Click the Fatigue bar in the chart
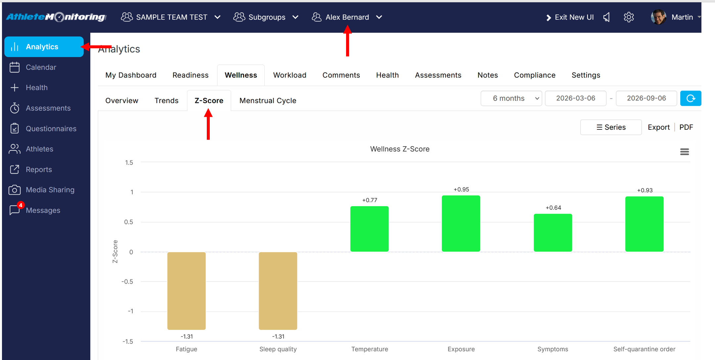pyautogui.click(x=186, y=291)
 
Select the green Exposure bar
pyautogui.click(x=461, y=224)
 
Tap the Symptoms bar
pyautogui.click(x=553, y=233)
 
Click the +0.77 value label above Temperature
pyautogui.click(x=370, y=200)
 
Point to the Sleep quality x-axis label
pyautogui.click(x=278, y=349)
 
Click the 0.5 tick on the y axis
pyautogui.click(x=129, y=222)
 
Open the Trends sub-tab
pyautogui.click(x=166, y=101)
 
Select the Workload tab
pyautogui.click(x=290, y=75)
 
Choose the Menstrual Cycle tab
pyautogui.click(x=268, y=101)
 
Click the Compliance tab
pyautogui.click(x=535, y=75)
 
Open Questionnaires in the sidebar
pyautogui.click(x=51, y=129)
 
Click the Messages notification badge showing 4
pyautogui.click(x=21, y=205)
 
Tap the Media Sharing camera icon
pyautogui.click(x=15, y=190)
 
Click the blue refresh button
pyautogui.click(x=691, y=98)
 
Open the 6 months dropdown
pyautogui.click(x=511, y=98)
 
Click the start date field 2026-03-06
pyautogui.click(x=575, y=98)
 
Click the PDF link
pyautogui.click(x=686, y=127)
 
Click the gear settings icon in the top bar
pyautogui.click(x=629, y=17)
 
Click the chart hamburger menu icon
pyautogui.click(x=685, y=152)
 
